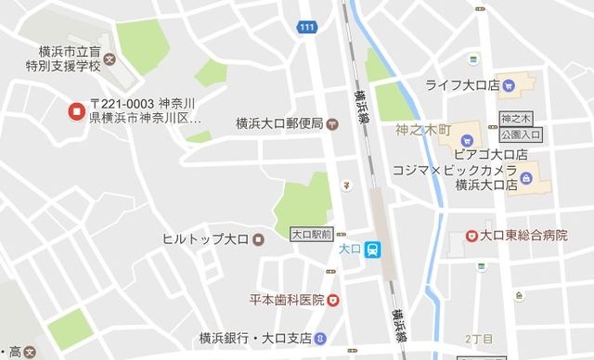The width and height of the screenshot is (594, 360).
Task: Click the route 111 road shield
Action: click(307, 28)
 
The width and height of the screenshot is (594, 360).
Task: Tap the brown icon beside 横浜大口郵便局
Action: click(332, 122)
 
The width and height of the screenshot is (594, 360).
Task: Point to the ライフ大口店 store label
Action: click(461, 85)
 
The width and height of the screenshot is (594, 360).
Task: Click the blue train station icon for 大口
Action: click(371, 249)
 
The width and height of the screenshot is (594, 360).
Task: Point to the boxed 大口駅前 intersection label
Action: click(312, 234)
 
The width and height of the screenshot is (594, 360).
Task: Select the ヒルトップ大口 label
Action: click(204, 239)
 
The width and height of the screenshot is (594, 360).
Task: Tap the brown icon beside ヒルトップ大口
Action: click(258, 239)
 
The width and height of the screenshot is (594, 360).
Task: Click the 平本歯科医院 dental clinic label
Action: click(286, 300)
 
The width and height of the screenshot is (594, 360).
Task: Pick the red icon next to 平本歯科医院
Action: click(333, 300)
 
